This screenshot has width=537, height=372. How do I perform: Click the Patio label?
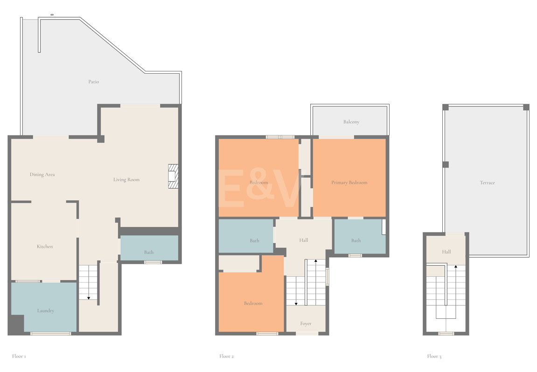pyautogui.click(x=93, y=82)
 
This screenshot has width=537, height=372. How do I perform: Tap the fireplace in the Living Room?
pyautogui.click(x=173, y=176)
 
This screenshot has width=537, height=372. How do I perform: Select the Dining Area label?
pyautogui.click(x=42, y=175)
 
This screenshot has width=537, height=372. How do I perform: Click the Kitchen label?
pyautogui.click(x=45, y=246)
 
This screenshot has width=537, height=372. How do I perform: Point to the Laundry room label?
pyautogui.click(x=46, y=311)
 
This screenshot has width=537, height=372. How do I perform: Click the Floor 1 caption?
pyautogui.click(x=19, y=356)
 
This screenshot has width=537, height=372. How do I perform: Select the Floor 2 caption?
pyautogui.click(x=226, y=356)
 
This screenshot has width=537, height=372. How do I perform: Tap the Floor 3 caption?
pyautogui.click(x=434, y=356)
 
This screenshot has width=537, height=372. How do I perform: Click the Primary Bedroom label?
pyautogui.click(x=349, y=182)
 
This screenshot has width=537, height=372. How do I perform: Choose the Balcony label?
pyautogui.click(x=351, y=122)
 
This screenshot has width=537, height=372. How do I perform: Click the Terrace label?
pyautogui.click(x=488, y=182)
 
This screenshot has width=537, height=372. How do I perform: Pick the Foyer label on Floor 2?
pyautogui.click(x=306, y=324)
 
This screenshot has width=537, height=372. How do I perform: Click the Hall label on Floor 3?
pyautogui.click(x=446, y=252)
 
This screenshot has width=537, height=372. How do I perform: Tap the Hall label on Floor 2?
pyautogui.click(x=304, y=240)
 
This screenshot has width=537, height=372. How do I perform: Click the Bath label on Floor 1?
pyautogui.click(x=149, y=252)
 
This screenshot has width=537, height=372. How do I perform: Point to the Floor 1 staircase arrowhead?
pyautogui.click(x=89, y=298)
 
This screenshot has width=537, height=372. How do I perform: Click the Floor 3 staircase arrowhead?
pyautogui.click(x=456, y=266)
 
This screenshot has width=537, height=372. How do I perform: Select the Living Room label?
pyautogui.click(x=126, y=180)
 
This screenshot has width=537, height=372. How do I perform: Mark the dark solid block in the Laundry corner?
pyautogui.click(x=16, y=324)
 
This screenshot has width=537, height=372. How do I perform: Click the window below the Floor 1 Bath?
pyautogui.click(x=153, y=262)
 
